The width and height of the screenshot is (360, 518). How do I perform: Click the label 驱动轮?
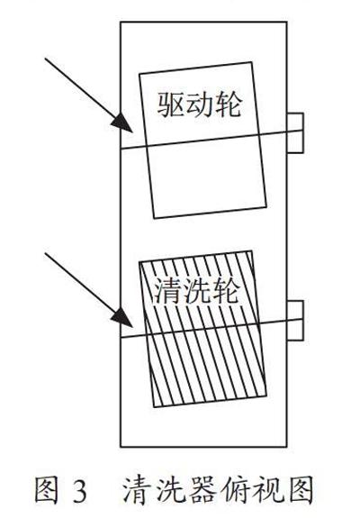200,105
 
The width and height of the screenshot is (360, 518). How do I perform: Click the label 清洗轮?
195,291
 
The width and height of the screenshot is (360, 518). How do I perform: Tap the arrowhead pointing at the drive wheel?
122,123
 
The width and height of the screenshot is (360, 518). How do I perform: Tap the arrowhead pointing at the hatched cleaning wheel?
122,318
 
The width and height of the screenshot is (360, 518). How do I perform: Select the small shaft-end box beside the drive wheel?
295,132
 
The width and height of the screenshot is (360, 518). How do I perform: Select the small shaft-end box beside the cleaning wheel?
295,320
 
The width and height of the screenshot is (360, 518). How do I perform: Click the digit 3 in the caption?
79,492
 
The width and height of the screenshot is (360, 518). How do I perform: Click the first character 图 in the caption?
47,491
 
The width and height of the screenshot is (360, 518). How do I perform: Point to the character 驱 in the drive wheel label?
171,105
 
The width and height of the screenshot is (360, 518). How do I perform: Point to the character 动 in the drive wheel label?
200,105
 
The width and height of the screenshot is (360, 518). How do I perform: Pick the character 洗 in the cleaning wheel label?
195,291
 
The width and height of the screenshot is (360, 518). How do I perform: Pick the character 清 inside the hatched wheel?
166,291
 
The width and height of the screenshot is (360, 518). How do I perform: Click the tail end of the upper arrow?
45,59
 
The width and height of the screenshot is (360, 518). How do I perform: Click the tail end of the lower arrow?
45,253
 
